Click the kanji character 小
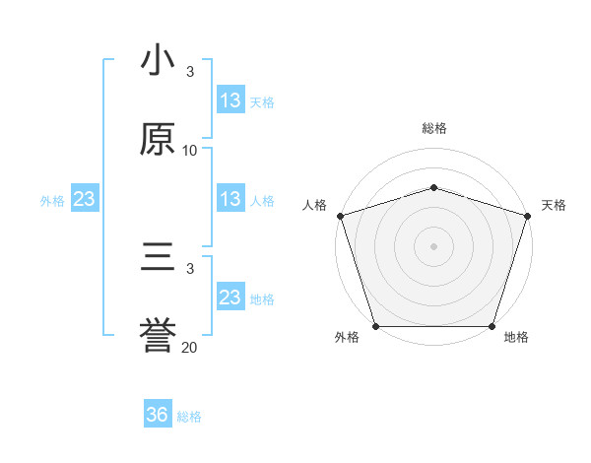[x=159, y=61]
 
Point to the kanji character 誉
[x=159, y=336]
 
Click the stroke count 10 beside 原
[x=190, y=151]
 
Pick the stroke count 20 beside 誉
[x=190, y=347]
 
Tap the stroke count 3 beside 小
[x=190, y=72]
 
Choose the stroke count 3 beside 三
[x=190, y=268]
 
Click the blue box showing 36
[x=158, y=415]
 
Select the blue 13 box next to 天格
[x=230, y=100]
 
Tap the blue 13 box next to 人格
[x=230, y=199]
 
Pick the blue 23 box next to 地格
[x=230, y=298]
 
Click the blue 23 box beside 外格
[x=85, y=199]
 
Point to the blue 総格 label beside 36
[x=189, y=417]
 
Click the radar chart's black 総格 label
[x=433, y=128]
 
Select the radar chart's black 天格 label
[x=554, y=205]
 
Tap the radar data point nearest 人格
[x=340, y=216]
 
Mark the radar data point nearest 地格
[x=492, y=326]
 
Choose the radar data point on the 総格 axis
[x=433, y=187]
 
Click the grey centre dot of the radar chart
[x=433, y=246]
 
